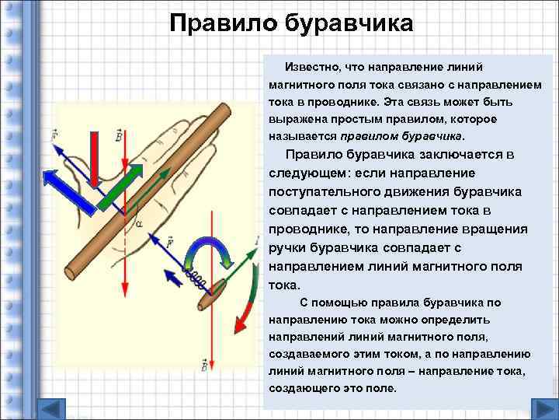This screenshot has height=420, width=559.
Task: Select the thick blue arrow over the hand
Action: pyautogui.click(x=69, y=190)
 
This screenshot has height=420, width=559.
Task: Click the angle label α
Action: pyautogui.click(x=140, y=224)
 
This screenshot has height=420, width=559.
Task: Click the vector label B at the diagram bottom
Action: pyautogui.click(x=203, y=366)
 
